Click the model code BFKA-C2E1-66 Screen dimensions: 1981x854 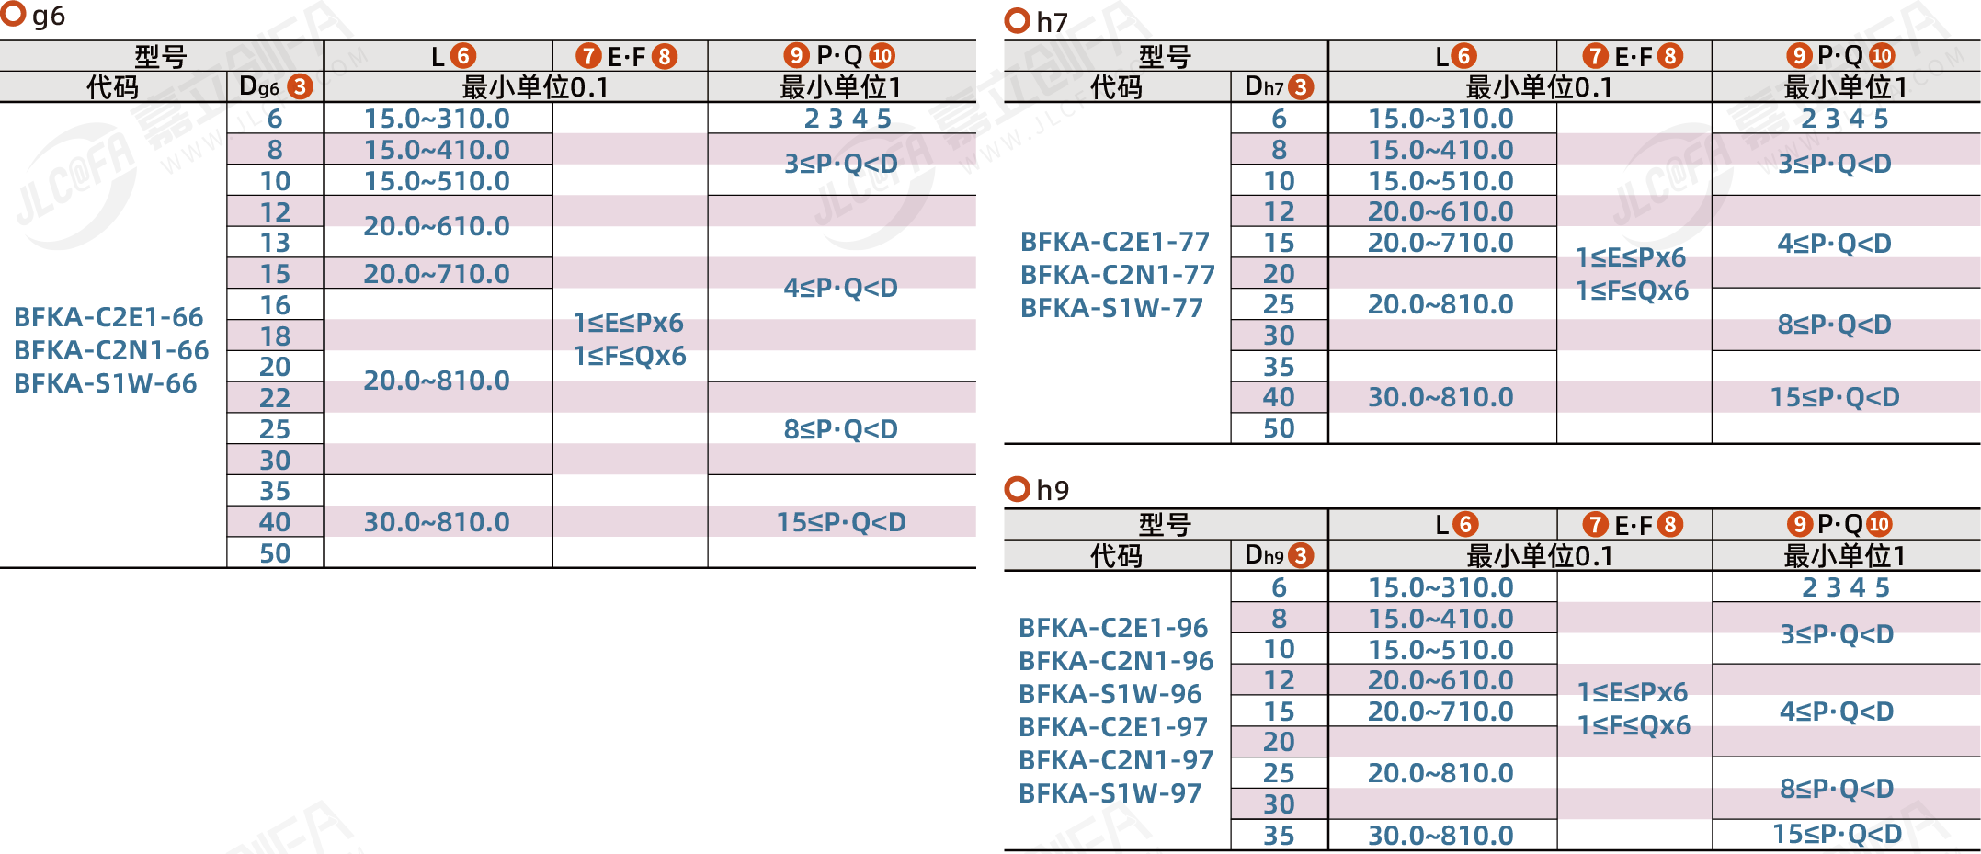click(x=108, y=317)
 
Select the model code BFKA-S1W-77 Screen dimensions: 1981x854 click(x=1111, y=308)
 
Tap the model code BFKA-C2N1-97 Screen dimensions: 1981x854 click(x=1116, y=760)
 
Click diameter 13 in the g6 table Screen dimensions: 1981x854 click(x=275, y=243)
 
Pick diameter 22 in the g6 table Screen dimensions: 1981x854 click(x=275, y=398)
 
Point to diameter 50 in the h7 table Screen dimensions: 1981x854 click(x=1279, y=428)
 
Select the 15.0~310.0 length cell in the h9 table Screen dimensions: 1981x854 click(x=1440, y=587)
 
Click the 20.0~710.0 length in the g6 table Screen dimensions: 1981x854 click(x=437, y=274)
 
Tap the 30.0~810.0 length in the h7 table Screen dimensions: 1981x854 click(x=1440, y=397)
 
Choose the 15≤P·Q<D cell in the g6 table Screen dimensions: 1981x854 click(x=841, y=522)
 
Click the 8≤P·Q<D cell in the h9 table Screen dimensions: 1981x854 click(x=1837, y=789)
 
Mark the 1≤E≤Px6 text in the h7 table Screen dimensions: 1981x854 click(x=1631, y=257)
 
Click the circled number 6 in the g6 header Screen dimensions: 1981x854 click(x=464, y=56)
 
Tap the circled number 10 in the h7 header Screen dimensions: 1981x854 click(x=1882, y=56)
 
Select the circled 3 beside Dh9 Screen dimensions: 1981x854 click(x=1300, y=555)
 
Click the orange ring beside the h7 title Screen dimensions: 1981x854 click(x=1018, y=21)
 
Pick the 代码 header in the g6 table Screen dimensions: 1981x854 click(x=112, y=87)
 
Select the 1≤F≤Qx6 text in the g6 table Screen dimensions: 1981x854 click(x=630, y=356)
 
